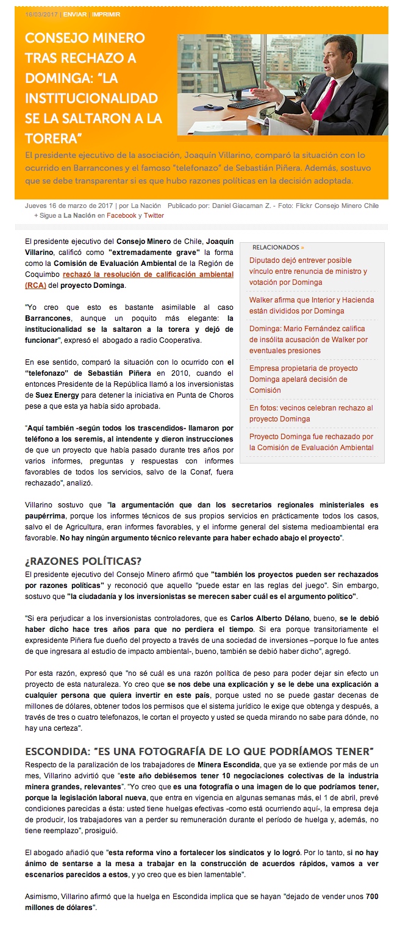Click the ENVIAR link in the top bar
[x=74, y=14]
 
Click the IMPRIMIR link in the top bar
[x=106, y=14]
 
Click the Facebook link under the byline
[x=121, y=215]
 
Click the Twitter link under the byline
[x=154, y=215]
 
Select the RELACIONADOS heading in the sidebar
[x=276, y=248]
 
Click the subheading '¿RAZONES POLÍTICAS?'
[x=83, y=561]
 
